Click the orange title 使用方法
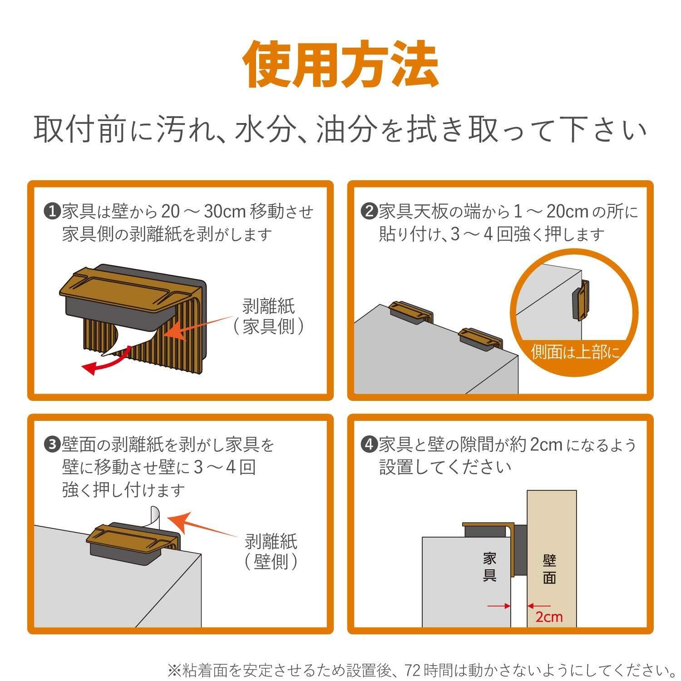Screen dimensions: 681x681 pyautogui.click(x=341, y=65)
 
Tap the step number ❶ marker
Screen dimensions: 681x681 pyautogui.click(x=52, y=211)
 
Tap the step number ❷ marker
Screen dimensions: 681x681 pyautogui.click(x=369, y=211)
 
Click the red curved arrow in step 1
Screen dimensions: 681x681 pyautogui.click(x=109, y=361)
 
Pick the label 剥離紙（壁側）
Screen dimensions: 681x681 pyautogui.click(x=271, y=552)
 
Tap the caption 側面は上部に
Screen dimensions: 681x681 pyautogui.click(x=575, y=353)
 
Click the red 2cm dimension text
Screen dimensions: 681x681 pyautogui.click(x=549, y=617)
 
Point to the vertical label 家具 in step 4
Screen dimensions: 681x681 pyautogui.click(x=489, y=567)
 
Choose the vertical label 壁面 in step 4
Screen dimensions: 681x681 pyautogui.click(x=550, y=570)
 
